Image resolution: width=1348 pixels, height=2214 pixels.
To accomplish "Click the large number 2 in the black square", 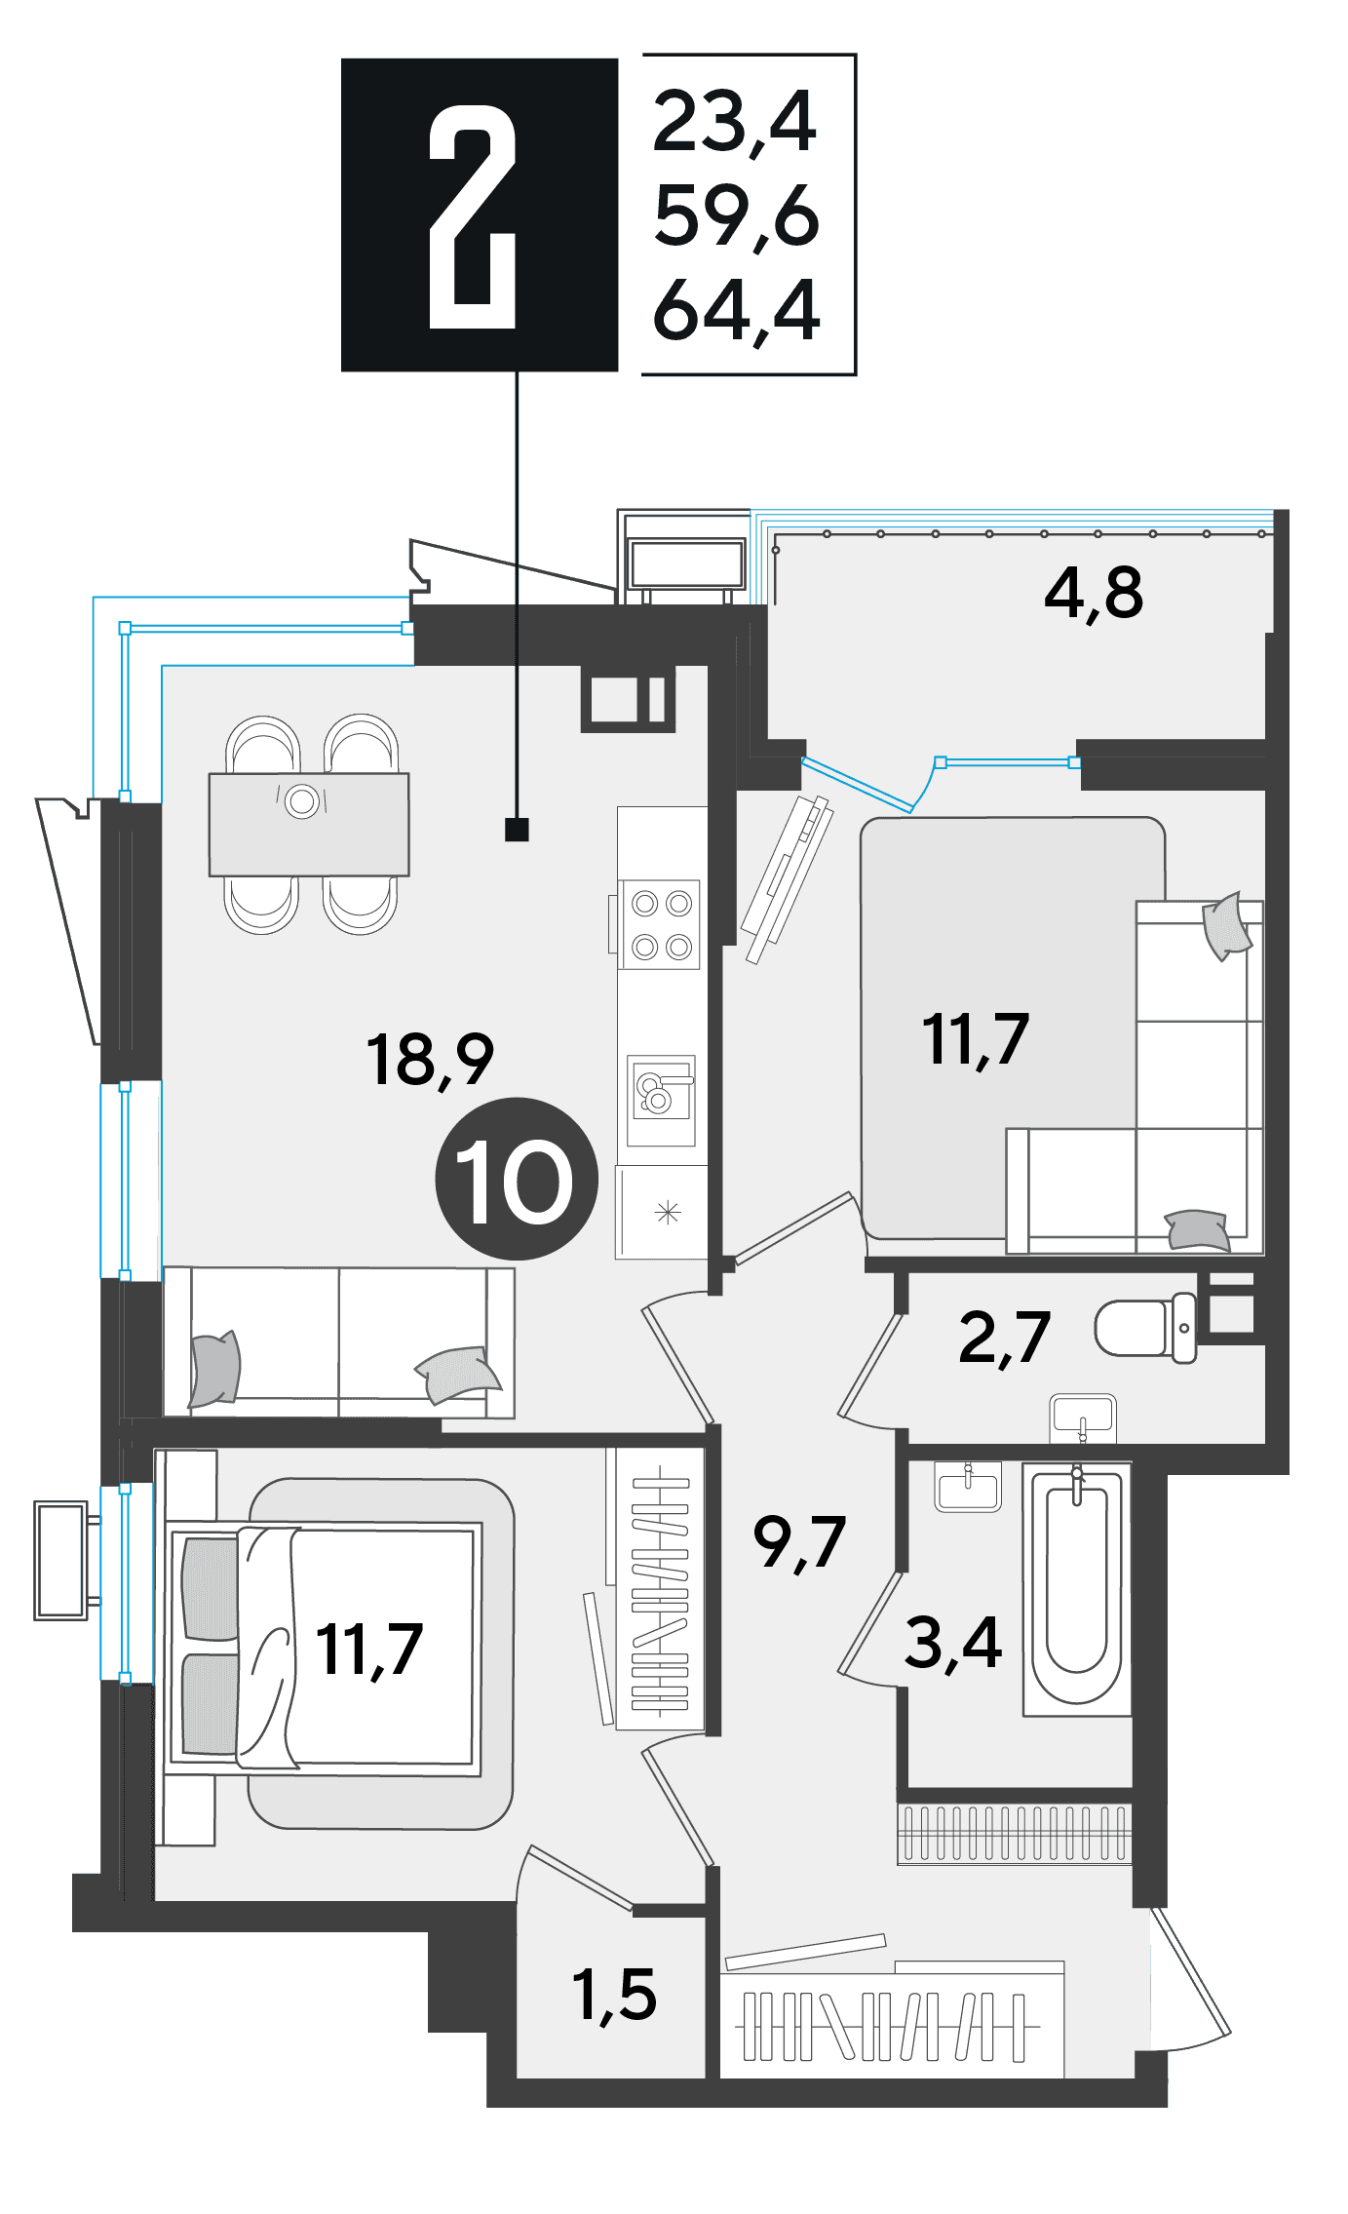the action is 472,216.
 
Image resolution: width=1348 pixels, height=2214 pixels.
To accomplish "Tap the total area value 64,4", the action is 737,311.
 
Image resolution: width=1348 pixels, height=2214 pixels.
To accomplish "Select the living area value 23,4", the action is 734,123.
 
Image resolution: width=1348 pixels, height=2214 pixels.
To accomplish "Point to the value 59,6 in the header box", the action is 737,216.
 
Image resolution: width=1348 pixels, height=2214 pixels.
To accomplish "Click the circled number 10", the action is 516,1179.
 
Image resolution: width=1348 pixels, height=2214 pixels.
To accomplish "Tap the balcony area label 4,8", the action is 1093,593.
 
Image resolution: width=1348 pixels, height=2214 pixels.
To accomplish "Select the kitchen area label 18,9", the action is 430,1060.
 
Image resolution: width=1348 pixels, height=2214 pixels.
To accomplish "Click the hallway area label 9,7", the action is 799,1543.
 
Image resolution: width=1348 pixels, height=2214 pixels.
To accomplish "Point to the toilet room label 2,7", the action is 1004,1338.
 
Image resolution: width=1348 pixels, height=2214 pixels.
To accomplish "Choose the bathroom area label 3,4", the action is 952,1642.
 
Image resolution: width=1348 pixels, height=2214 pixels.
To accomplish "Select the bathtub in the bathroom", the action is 1077,1587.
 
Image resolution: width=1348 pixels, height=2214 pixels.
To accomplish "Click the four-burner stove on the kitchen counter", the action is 662,924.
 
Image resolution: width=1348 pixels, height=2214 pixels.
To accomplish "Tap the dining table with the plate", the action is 309,825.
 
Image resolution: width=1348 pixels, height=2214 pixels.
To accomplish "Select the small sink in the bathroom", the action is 968,1486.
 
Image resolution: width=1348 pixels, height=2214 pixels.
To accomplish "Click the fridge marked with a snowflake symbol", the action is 662,1212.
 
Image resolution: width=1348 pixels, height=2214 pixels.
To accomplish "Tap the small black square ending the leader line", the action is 517,830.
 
